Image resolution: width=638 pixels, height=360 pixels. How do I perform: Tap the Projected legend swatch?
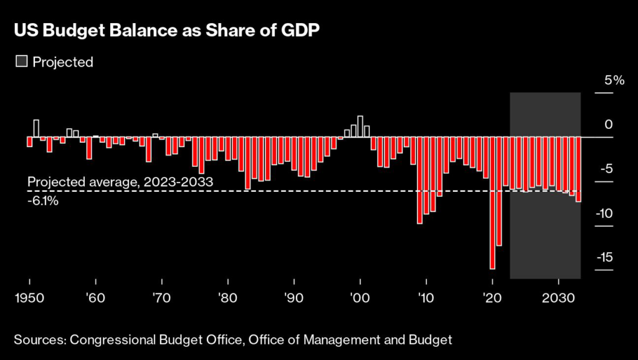22,62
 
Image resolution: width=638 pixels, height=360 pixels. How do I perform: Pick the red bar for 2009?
419,180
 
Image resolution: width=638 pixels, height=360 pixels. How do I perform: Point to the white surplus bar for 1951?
36,128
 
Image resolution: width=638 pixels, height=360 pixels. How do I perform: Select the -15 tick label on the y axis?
603,257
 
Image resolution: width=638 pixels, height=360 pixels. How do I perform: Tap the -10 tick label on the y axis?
603,213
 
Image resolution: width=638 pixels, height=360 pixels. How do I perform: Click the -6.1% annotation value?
43,201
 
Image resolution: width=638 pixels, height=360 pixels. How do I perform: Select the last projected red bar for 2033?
578,169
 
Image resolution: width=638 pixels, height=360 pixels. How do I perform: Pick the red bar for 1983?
247,163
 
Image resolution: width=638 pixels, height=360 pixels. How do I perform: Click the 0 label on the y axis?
609,125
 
